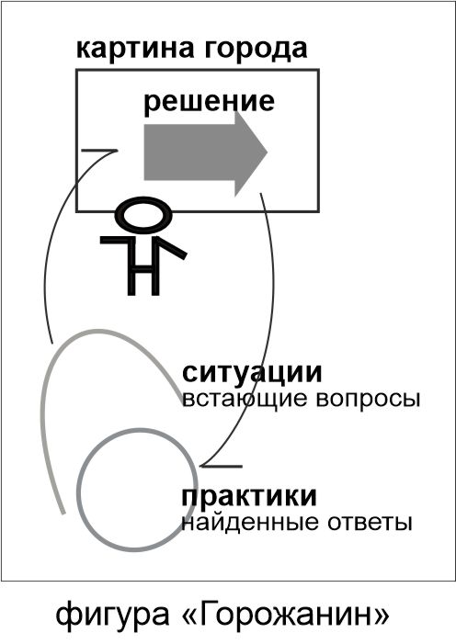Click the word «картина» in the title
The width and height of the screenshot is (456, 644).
click(134, 50)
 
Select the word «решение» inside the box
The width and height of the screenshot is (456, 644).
click(209, 102)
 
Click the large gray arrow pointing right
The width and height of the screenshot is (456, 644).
click(205, 153)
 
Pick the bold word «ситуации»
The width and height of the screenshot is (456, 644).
click(252, 373)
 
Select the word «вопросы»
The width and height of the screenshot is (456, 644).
click(368, 399)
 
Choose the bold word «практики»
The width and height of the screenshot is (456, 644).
click(249, 497)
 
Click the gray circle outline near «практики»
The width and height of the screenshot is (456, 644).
click(78, 490)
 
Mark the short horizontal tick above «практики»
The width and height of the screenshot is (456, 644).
click(222, 466)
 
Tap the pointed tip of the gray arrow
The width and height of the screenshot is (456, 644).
click(268, 153)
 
